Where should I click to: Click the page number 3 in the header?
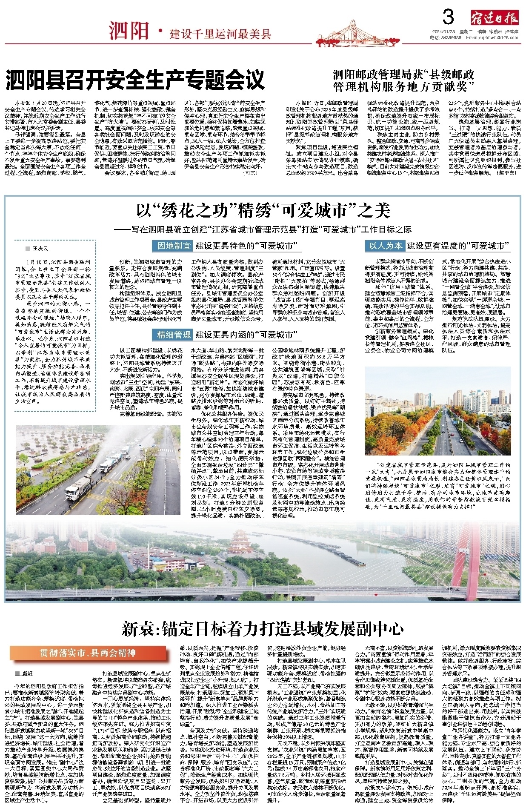pyautogui.click(x=448, y=17)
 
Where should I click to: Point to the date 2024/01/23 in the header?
pyautogui.click(x=443, y=32)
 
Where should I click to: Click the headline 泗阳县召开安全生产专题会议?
pyautogui.click(x=135, y=80)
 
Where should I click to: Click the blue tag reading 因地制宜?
pyautogui.click(x=174, y=246)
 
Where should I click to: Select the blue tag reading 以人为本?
pyautogui.click(x=385, y=246)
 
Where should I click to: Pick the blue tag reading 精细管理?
pyautogui.click(x=174, y=335)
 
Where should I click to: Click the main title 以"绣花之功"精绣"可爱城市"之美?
pyautogui.click(x=263, y=211)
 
